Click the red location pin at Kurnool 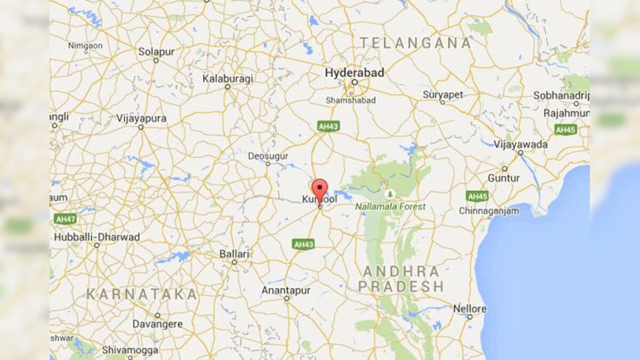coord(319,190)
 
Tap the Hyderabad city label coord(355,73)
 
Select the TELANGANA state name coord(415,43)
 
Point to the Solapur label coord(156,52)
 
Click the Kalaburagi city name coord(228,78)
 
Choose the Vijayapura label coord(141,118)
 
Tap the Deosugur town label coord(268,156)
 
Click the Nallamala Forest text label coord(391,206)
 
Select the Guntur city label coord(503,178)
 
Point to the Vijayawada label coord(521,145)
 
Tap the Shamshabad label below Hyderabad coord(351,100)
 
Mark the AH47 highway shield coord(65,219)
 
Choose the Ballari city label coord(235,254)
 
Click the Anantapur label coord(286,290)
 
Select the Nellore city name coord(469,309)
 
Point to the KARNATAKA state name coord(142,294)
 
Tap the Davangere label coord(157,324)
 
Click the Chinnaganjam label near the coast coord(489,211)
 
